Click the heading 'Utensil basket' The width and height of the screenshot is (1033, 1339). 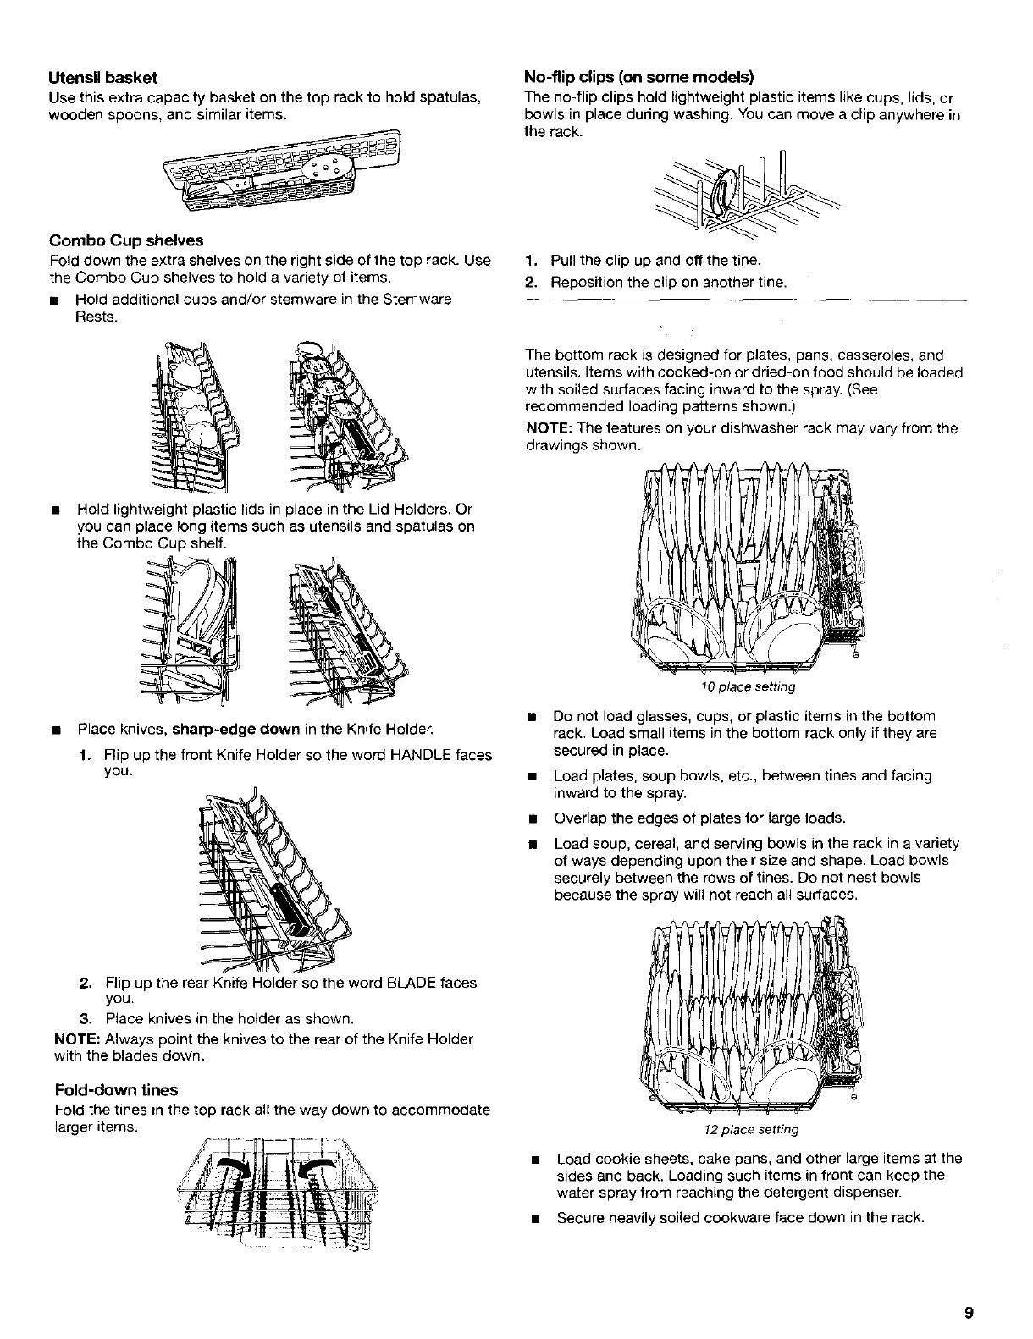pos(102,78)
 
